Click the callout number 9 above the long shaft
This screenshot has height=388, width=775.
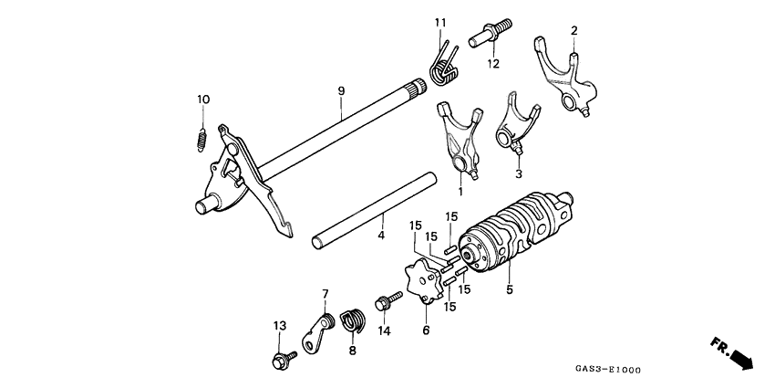pyautogui.click(x=340, y=90)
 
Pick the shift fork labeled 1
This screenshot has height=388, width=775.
pyautogui.click(x=459, y=142)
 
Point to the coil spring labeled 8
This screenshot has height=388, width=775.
pyautogui.click(x=353, y=322)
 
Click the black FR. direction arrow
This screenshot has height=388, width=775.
pyautogui.click(x=740, y=357)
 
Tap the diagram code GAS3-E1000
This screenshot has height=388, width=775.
pyautogui.click(x=608, y=370)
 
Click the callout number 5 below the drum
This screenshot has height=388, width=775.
pyautogui.click(x=510, y=289)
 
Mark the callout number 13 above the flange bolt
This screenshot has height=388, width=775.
pyautogui.click(x=280, y=325)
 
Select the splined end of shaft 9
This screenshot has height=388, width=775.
pyautogui.click(x=419, y=89)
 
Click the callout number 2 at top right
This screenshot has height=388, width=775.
pyautogui.click(x=573, y=31)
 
